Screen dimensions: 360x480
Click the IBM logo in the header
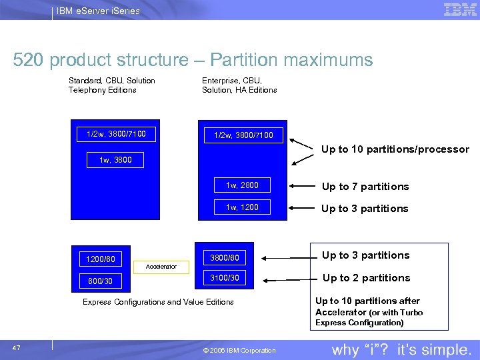coord(460,9)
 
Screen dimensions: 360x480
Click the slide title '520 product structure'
coord(193,60)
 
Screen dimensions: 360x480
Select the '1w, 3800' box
coord(115,160)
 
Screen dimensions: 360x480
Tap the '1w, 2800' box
coord(242,185)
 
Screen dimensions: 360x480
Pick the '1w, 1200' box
coord(242,207)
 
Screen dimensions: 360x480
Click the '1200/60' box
coord(100,259)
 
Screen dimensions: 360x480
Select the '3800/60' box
coord(224,256)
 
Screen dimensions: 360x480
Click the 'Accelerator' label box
coord(161,267)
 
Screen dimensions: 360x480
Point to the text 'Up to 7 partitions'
coord(365,187)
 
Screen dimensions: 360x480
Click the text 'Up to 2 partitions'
coord(366,278)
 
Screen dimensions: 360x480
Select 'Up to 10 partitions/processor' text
coord(395,149)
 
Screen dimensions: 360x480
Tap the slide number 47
coord(17,347)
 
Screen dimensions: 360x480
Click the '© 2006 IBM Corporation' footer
coord(239,351)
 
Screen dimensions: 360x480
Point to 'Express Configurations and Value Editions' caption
coord(158,302)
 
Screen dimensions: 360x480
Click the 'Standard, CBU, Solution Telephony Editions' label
coord(111,85)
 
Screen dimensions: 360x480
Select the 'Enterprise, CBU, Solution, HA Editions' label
coord(239,85)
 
